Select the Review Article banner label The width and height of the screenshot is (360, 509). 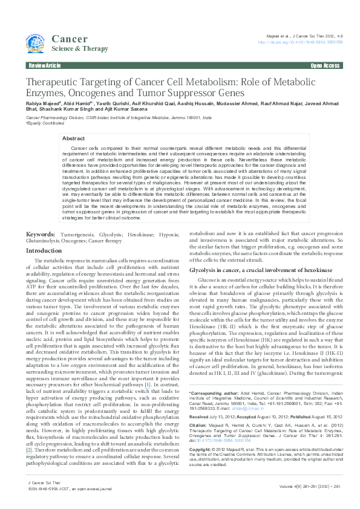coord(44,65)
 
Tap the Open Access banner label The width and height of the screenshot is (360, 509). coord(325,65)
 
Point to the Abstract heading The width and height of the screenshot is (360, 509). coord(74,138)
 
